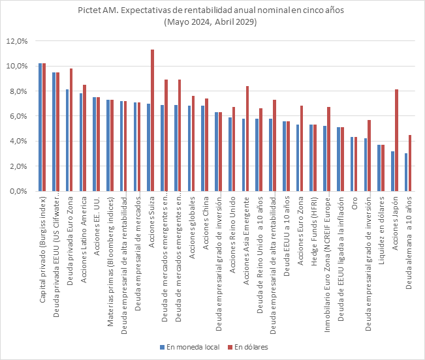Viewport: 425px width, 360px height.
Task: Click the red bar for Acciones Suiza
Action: tap(152, 121)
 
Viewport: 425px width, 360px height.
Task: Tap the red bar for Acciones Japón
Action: tap(396, 140)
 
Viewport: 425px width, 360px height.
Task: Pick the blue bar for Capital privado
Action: tap(40, 127)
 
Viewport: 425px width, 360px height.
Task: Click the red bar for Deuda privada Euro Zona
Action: tap(71, 130)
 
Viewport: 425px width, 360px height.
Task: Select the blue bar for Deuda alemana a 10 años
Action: tap(406, 172)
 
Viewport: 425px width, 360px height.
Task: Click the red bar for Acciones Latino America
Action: tap(84, 138)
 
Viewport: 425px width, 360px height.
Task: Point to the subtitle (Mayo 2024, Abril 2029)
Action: tap(212, 22)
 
